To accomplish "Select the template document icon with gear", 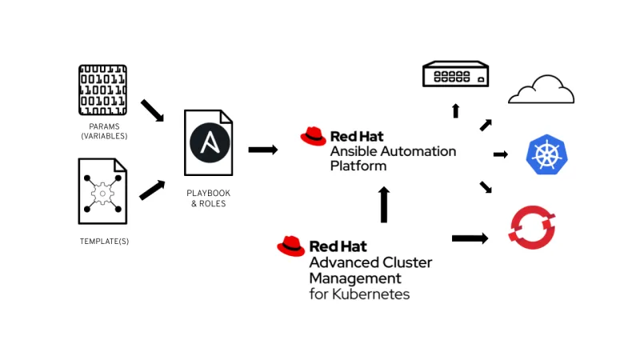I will [x=102, y=191].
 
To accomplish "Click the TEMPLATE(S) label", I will [x=104, y=241].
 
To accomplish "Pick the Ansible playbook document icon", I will [x=209, y=143].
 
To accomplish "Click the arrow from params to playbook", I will [x=152, y=111].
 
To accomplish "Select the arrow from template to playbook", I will [x=152, y=190].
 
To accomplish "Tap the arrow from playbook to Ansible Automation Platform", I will [x=263, y=150].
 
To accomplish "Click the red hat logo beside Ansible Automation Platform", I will [x=314, y=136].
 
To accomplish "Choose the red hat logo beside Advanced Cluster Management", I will [x=290, y=246].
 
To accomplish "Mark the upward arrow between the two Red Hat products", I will [x=384, y=205].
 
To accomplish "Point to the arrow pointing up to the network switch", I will [x=455, y=110].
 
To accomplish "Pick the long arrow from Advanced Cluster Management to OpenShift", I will [x=470, y=238].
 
